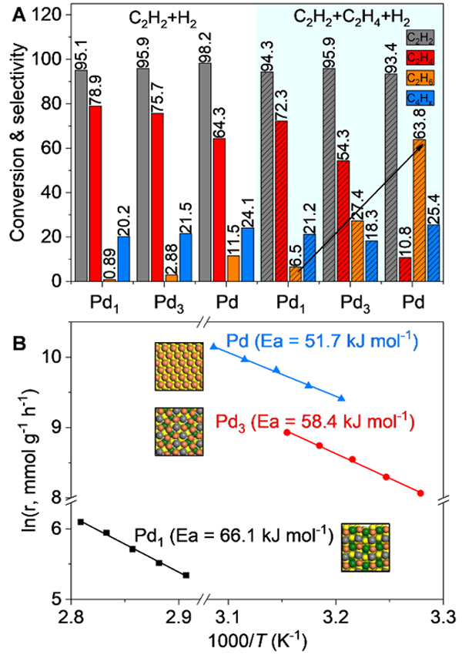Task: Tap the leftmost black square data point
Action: tap(81, 522)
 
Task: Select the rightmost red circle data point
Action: tap(420, 492)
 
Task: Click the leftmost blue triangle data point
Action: tap(213, 346)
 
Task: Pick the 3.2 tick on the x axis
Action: tap(334, 617)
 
